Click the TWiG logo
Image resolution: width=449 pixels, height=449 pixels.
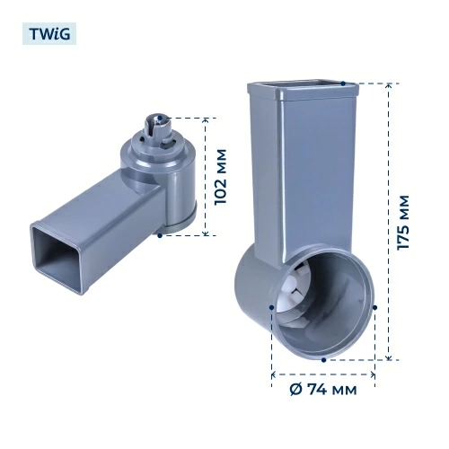[49, 34]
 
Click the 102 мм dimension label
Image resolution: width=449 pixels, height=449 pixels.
[221, 177]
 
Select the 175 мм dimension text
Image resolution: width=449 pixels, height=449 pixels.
[402, 223]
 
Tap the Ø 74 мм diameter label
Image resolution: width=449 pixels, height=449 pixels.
[323, 390]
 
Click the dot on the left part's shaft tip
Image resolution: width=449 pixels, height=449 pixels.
[160, 118]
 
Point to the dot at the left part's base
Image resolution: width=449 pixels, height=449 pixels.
[160, 235]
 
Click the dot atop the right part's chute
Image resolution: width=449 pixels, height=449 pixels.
[343, 84]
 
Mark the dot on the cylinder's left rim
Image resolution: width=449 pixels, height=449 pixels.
[271, 307]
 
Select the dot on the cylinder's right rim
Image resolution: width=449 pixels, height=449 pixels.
[374, 307]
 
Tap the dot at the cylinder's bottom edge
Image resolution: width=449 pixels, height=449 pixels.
[323, 360]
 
